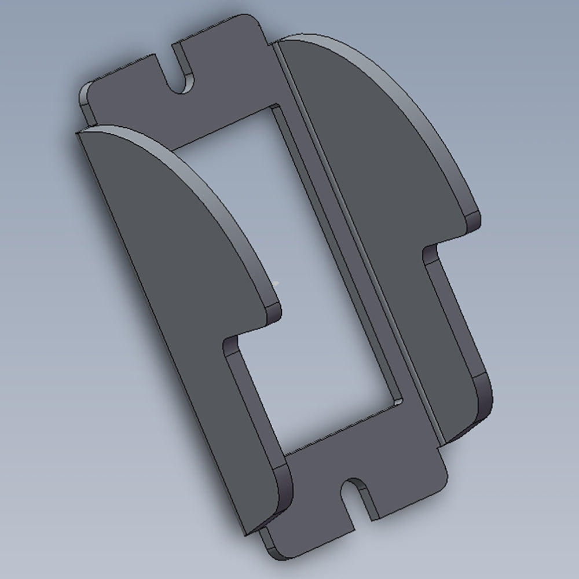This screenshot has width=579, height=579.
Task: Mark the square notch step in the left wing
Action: tap(232, 342)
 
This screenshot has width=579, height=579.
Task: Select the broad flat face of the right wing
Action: tap(371, 145)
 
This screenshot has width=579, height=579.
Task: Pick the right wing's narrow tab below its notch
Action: tap(457, 324)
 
